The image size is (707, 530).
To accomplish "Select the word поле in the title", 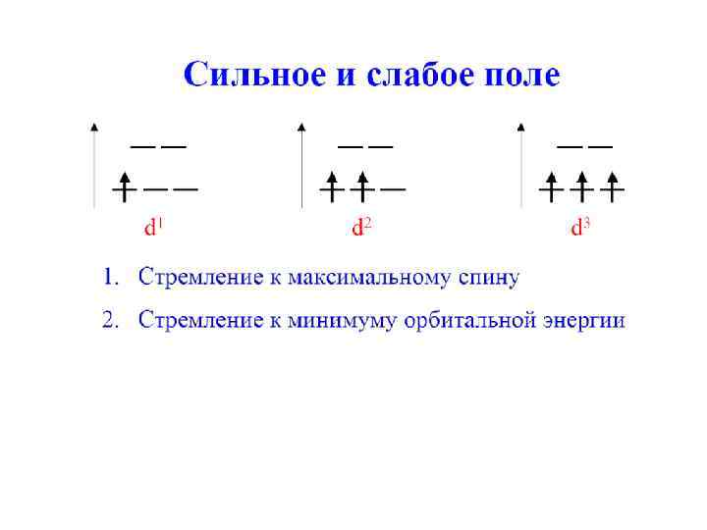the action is click(520, 75).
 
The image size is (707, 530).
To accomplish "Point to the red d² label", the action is click(362, 229).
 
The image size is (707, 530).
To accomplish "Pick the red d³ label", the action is click(581, 229).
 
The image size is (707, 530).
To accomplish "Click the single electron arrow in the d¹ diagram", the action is click(125, 185).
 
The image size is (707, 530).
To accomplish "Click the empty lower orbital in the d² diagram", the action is click(393, 187).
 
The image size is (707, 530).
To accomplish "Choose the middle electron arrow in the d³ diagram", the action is click(582, 185).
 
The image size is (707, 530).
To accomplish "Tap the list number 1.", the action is click(109, 277).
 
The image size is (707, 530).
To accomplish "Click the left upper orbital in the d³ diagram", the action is click(570, 146).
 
